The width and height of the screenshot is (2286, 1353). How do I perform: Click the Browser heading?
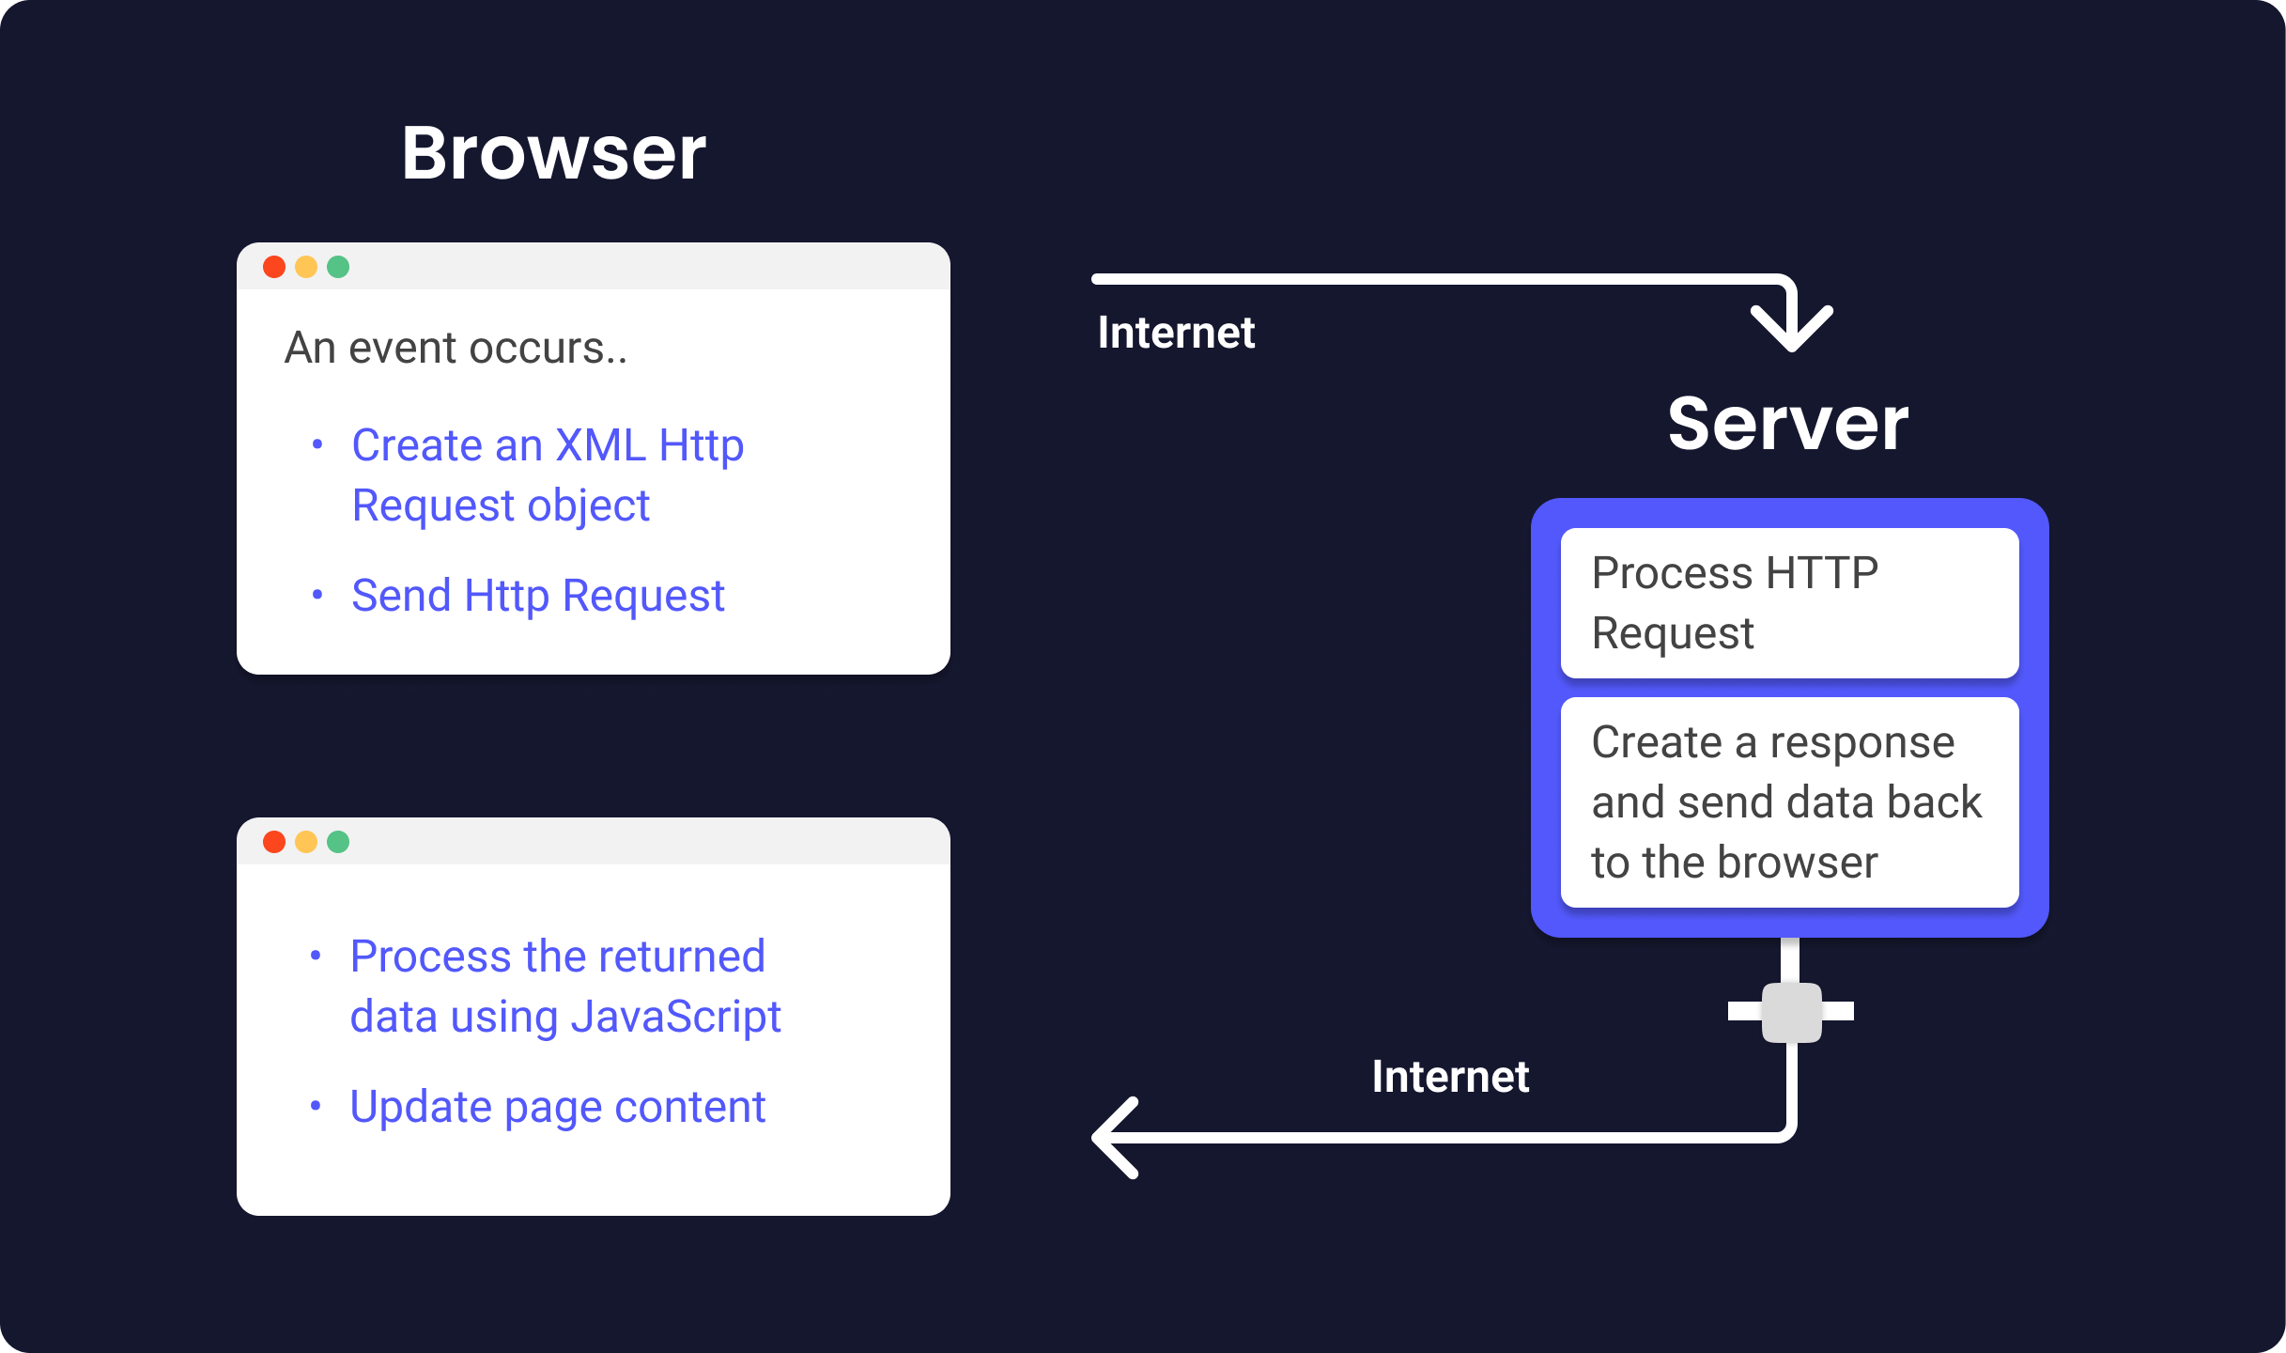click(x=553, y=153)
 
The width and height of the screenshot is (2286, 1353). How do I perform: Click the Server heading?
click(x=1787, y=424)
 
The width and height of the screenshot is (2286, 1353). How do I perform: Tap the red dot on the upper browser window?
click(x=274, y=267)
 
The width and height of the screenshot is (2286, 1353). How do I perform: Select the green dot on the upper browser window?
click(x=338, y=267)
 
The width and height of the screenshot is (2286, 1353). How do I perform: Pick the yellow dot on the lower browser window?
click(x=306, y=842)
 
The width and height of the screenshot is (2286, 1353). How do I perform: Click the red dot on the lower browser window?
click(x=274, y=842)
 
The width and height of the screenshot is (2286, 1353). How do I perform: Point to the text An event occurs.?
click(x=456, y=348)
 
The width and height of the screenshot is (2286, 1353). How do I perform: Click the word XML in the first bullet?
click(x=600, y=445)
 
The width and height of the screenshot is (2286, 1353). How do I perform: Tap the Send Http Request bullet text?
click(x=537, y=596)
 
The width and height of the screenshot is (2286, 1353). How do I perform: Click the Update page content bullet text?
click(x=557, y=1107)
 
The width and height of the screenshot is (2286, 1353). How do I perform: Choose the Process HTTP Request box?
click(x=1789, y=602)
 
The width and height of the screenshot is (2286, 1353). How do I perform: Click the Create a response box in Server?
click(x=1789, y=801)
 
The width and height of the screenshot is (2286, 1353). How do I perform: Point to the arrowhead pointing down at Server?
click(x=1792, y=329)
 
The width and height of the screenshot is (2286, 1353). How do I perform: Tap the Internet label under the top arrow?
click(x=1176, y=333)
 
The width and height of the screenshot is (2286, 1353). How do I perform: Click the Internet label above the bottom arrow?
click(x=1450, y=1077)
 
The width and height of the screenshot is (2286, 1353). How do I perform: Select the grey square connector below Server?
click(x=1791, y=1012)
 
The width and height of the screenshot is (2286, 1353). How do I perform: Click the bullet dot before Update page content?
click(x=316, y=1107)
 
